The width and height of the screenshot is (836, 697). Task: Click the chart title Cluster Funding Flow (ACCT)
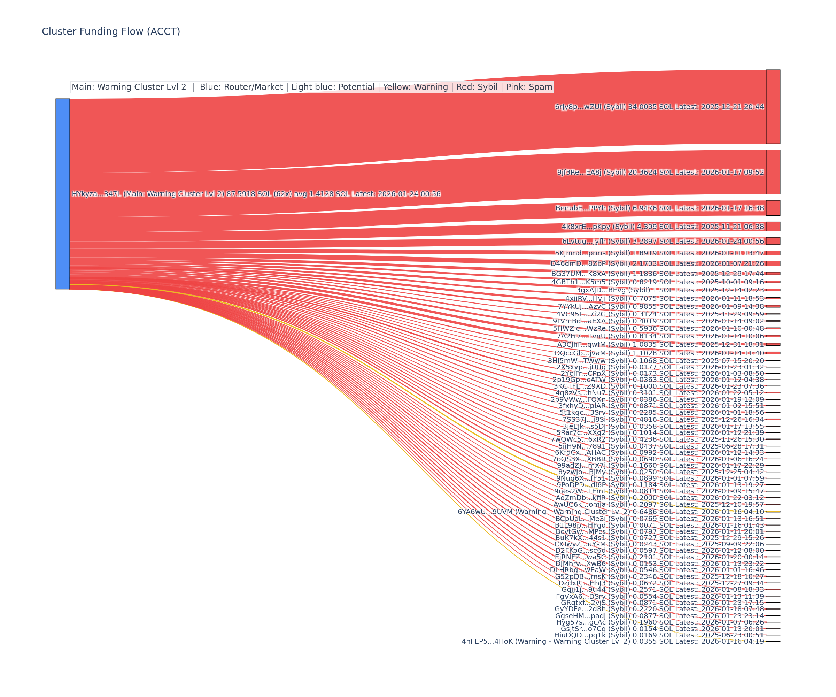tap(111, 31)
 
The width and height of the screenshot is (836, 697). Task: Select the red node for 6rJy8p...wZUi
tap(773, 106)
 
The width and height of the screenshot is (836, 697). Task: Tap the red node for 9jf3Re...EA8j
tap(773, 172)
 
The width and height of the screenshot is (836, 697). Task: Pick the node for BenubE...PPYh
tap(773, 208)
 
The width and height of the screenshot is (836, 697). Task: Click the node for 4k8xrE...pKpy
tap(773, 226)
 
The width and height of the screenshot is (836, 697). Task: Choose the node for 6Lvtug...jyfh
tap(773, 241)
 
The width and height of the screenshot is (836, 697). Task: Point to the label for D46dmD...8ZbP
tap(657, 263)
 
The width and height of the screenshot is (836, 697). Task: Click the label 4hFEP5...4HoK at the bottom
tap(613, 641)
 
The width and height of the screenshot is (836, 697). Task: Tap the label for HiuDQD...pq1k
tap(659, 635)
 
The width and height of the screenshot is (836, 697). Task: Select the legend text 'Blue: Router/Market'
tap(241, 87)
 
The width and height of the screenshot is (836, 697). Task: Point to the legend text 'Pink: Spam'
tap(529, 87)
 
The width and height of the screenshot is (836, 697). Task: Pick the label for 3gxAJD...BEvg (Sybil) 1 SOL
tap(670, 290)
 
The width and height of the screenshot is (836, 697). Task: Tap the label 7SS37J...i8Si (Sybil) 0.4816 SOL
tap(663, 419)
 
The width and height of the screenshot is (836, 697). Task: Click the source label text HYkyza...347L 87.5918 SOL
tap(256, 194)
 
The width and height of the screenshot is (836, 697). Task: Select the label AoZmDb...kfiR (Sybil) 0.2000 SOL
tap(660, 497)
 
